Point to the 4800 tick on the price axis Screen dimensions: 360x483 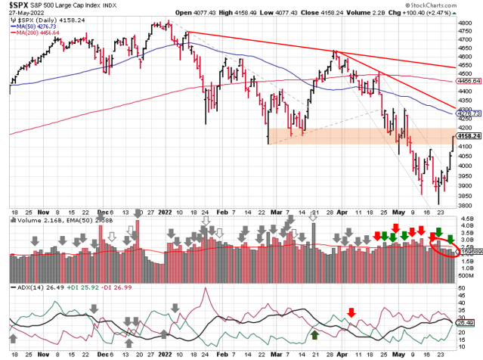point(466,23)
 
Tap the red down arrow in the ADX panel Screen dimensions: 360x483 point(351,312)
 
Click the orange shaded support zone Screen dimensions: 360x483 point(355,136)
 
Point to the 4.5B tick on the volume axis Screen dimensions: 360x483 point(467,222)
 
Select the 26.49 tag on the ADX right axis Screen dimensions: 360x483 point(467,323)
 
